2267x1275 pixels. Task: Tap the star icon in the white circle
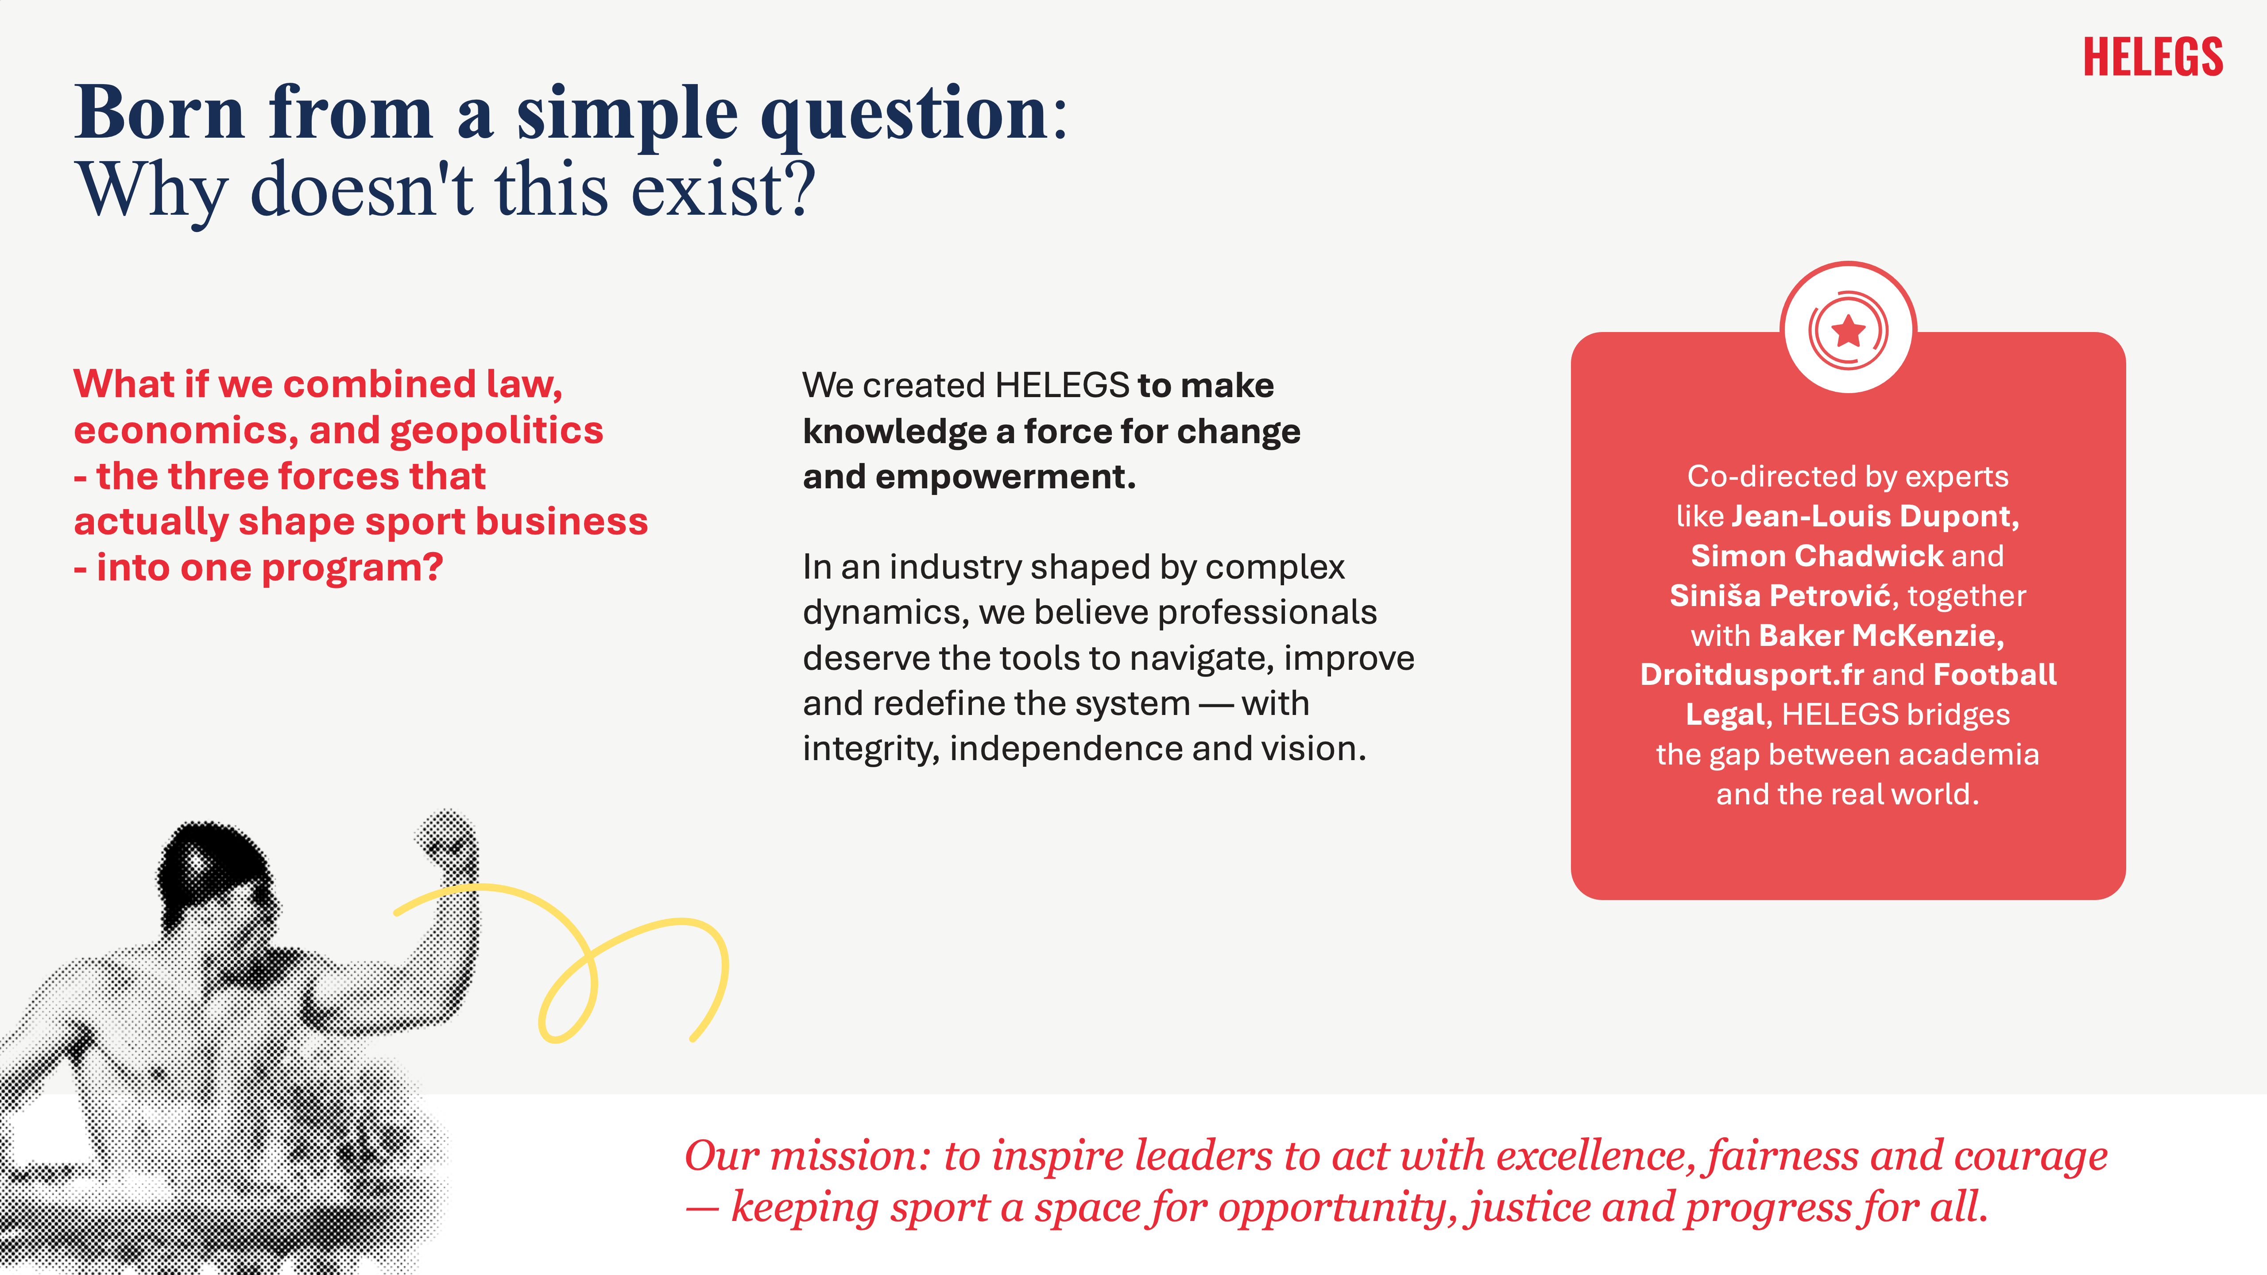tap(1848, 331)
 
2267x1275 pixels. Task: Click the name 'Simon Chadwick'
tap(1816, 556)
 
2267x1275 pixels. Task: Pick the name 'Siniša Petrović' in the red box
tap(1780, 596)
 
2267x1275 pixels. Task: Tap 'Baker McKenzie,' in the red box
tap(1881, 635)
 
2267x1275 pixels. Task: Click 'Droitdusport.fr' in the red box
tap(1751, 675)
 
